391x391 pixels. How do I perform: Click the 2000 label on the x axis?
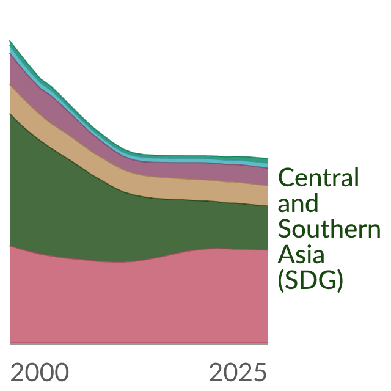coord(39,372)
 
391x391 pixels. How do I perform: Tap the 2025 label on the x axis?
coord(238,372)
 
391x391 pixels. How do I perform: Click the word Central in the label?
coord(318,177)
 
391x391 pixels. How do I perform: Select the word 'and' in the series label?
coord(298,203)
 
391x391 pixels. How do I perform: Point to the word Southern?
coord(329,228)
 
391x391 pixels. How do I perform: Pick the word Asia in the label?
coord(301,255)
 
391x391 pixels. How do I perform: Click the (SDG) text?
coord(310,280)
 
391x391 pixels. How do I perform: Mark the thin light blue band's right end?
coord(268,166)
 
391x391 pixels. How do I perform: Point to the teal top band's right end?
coord(268,161)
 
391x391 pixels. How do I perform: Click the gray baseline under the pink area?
coord(139,344)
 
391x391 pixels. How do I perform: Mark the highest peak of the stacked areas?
coord(10,40)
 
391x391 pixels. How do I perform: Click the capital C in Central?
coord(286,177)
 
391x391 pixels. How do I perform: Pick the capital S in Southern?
coord(285,228)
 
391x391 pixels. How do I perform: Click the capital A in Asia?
coord(286,255)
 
